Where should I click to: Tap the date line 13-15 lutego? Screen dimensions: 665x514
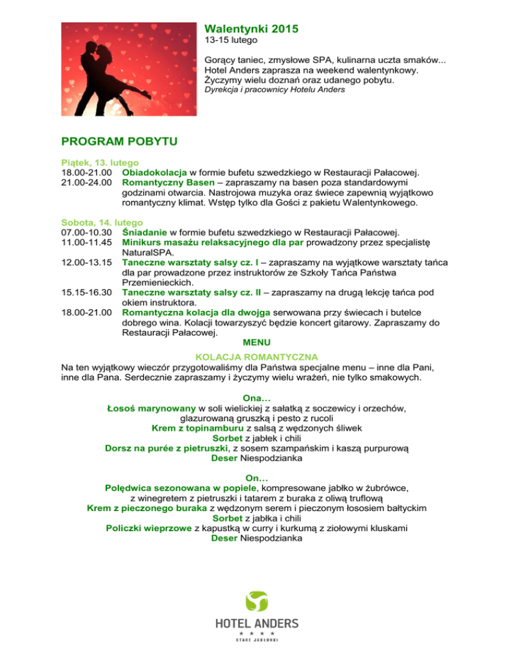(x=229, y=41)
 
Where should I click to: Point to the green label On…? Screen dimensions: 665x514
(x=257, y=478)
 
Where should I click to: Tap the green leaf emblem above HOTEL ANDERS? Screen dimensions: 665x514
(x=256, y=601)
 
